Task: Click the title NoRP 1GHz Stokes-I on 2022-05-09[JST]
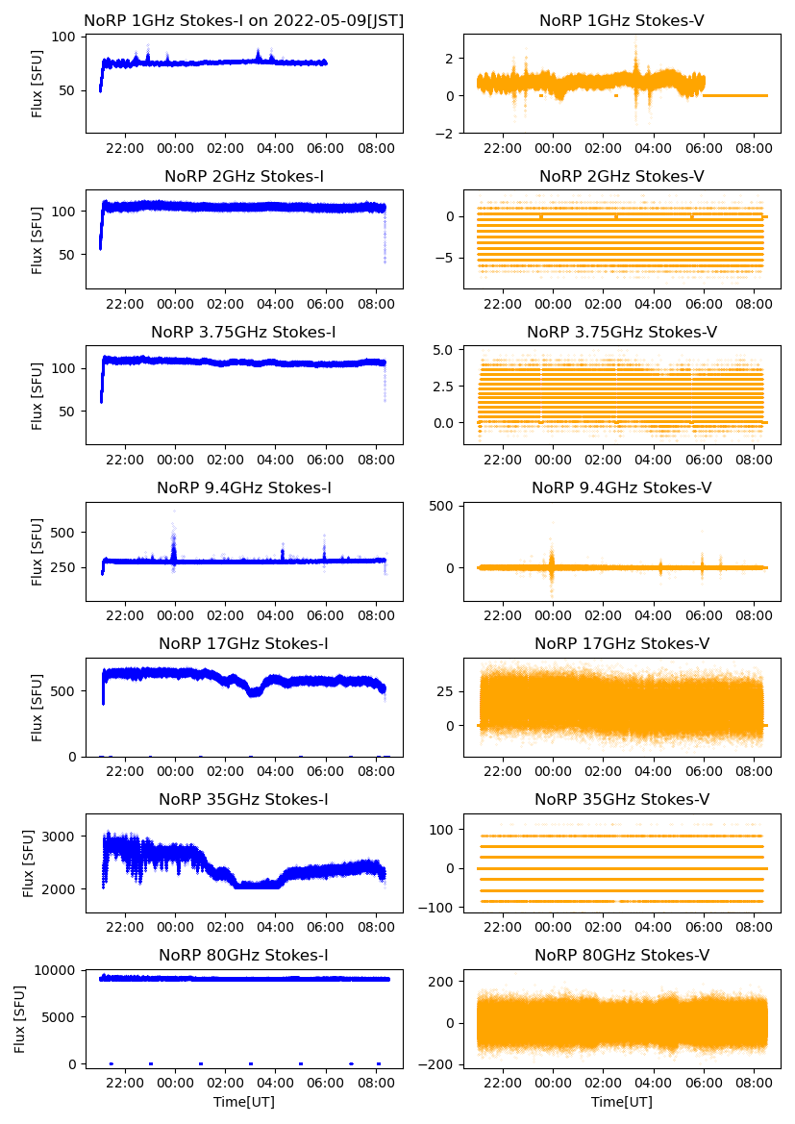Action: coord(243,20)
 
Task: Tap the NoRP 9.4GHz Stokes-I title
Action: coord(243,487)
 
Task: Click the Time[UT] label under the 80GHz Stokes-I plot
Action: coord(243,1101)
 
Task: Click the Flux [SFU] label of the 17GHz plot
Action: coord(37,707)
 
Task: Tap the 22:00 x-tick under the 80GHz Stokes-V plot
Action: coord(503,1083)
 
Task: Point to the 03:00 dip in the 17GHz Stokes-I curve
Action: coord(253,691)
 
